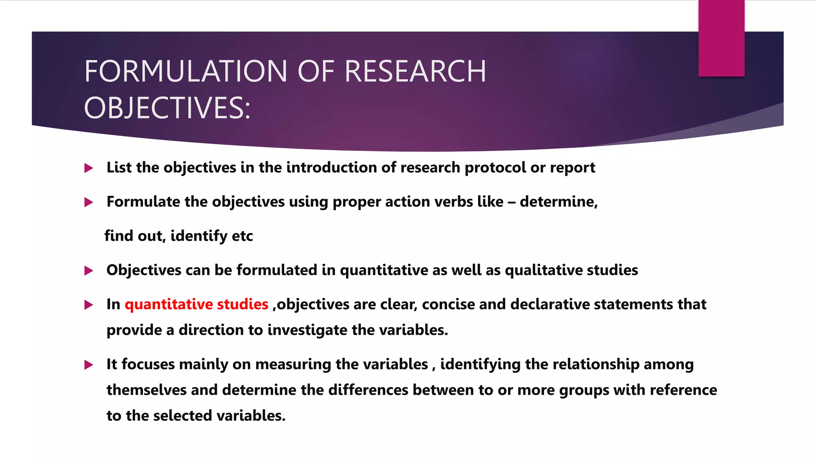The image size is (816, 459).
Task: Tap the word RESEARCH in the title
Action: click(415, 71)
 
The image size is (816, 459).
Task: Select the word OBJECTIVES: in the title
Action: click(167, 108)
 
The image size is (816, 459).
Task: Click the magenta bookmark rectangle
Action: click(721, 38)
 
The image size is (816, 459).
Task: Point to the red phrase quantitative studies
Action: click(196, 304)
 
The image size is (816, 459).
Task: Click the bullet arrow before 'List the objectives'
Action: click(89, 168)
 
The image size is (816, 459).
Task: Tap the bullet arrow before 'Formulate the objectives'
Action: click(89, 202)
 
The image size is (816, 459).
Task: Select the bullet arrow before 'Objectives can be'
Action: click(89, 271)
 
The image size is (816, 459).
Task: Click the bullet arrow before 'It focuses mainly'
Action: click(89, 365)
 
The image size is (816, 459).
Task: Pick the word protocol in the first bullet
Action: click(495, 168)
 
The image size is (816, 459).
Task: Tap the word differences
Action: click(368, 390)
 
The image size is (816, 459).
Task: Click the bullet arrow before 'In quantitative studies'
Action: click(89, 305)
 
